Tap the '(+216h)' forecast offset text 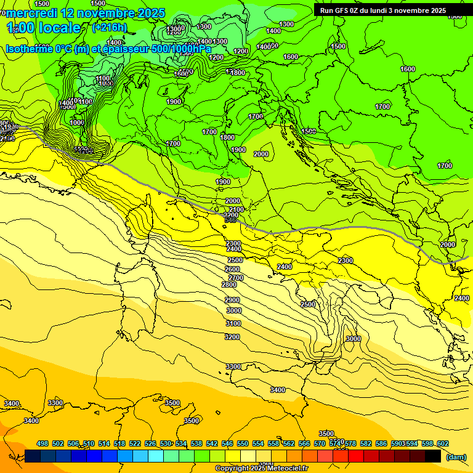tap(109, 27)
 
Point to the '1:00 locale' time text tap(44, 28)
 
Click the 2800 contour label tap(229, 285)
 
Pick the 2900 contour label tap(232, 300)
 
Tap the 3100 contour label tap(233, 323)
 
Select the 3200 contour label tap(232, 337)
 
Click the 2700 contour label tap(236, 278)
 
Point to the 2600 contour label tap(232, 269)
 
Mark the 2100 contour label tap(236, 210)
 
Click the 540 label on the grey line tap(231, 220)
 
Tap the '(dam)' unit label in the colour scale tap(456, 456)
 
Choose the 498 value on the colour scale tap(42, 443)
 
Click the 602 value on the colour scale tap(442, 443)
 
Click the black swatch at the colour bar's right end tap(432, 456)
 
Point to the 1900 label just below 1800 tap(239, 150)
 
